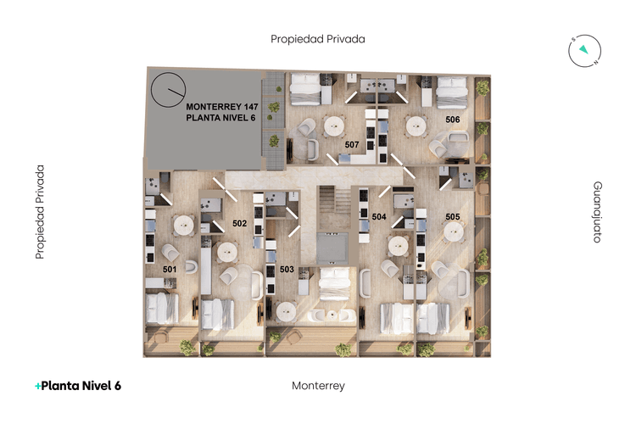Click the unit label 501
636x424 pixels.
(x=170, y=269)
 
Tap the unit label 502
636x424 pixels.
(x=239, y=224)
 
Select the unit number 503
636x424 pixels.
(x=287, y=269)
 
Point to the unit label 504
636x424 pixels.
(x=379, y=217)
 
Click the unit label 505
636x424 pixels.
(x=453, y=217)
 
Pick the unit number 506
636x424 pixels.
(x=453, y=120)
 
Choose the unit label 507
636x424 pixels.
(x=352, y=145)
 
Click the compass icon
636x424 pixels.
(x=584, y=52)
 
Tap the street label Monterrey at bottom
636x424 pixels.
(x=318, y=386)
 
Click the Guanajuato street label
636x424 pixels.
(x=597, y=212)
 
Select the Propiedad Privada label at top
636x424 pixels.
(x=317, y=39)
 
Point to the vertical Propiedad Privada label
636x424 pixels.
(x=39, y=212)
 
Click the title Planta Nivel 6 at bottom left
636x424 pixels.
(x=78, y=386)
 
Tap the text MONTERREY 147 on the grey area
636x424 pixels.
(x=221, y=106)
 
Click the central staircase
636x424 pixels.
(x=332, y=204)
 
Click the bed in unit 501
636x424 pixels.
(x=161, y=308)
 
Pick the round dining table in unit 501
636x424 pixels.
(x=182, y=226)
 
